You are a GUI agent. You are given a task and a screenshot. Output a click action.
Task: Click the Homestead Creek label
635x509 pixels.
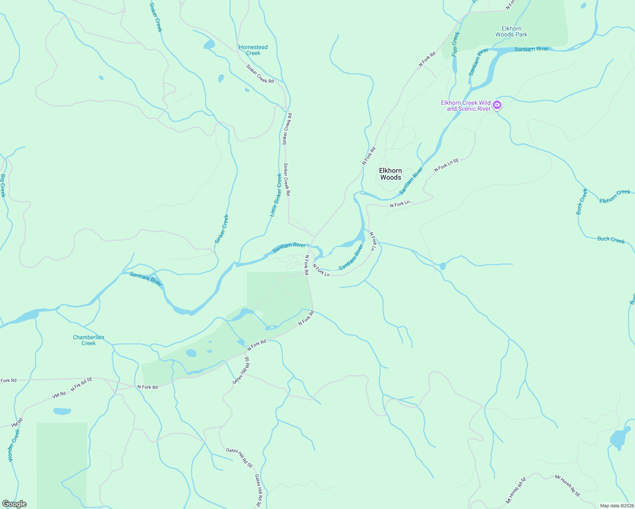tap(253, 50)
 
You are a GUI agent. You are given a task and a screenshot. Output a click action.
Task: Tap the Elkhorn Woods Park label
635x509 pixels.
tap(511, 32)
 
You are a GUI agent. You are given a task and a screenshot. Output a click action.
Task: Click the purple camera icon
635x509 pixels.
tap(497, 105)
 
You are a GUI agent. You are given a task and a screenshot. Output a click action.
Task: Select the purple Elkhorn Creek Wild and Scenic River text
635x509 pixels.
tap(466, 106)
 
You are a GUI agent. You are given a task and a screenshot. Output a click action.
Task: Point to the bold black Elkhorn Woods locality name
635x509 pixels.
tap(390, 174)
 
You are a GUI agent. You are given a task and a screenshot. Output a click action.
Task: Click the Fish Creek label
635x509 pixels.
tap(455, 44)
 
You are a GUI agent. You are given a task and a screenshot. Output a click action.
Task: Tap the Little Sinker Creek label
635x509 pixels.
tap(276, 195)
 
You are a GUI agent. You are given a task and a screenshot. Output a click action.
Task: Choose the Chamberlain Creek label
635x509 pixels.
tap(88, 340)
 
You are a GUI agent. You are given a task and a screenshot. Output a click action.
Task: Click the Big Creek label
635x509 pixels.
tap(3, 185)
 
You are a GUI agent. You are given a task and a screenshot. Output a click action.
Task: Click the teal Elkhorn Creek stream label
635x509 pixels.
tap(615, 196)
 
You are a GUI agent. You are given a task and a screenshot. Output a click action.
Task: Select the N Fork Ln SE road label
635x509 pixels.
tap(447, 165)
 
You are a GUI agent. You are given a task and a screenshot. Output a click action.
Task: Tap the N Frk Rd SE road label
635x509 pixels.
tap(81, 384)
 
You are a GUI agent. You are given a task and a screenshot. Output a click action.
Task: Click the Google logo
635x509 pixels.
tap(14, 504)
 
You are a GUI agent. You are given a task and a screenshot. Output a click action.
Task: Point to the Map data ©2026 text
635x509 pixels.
tap(616, 506)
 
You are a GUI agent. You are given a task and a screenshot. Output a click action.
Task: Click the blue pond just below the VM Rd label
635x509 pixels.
tap(62, 411)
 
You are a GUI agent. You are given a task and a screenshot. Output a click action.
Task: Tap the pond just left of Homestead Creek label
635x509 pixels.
tap(209, 45)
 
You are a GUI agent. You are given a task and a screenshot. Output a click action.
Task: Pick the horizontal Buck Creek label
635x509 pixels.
tap(611, 240)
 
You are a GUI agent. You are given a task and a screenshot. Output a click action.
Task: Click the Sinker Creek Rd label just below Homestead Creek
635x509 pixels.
tap(260, 74)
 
